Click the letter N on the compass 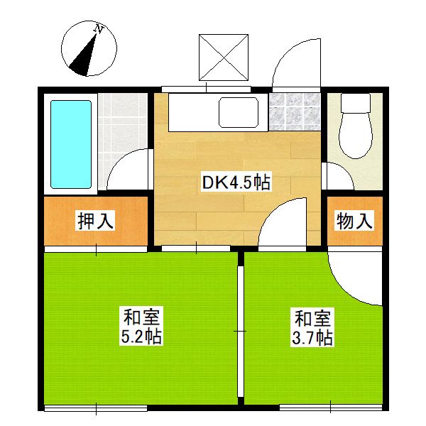100,30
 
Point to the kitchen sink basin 239,112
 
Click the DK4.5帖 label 236,182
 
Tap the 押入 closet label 95,222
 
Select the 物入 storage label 354,222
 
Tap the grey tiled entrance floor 295,112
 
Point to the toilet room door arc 339,175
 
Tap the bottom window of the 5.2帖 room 95,408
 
